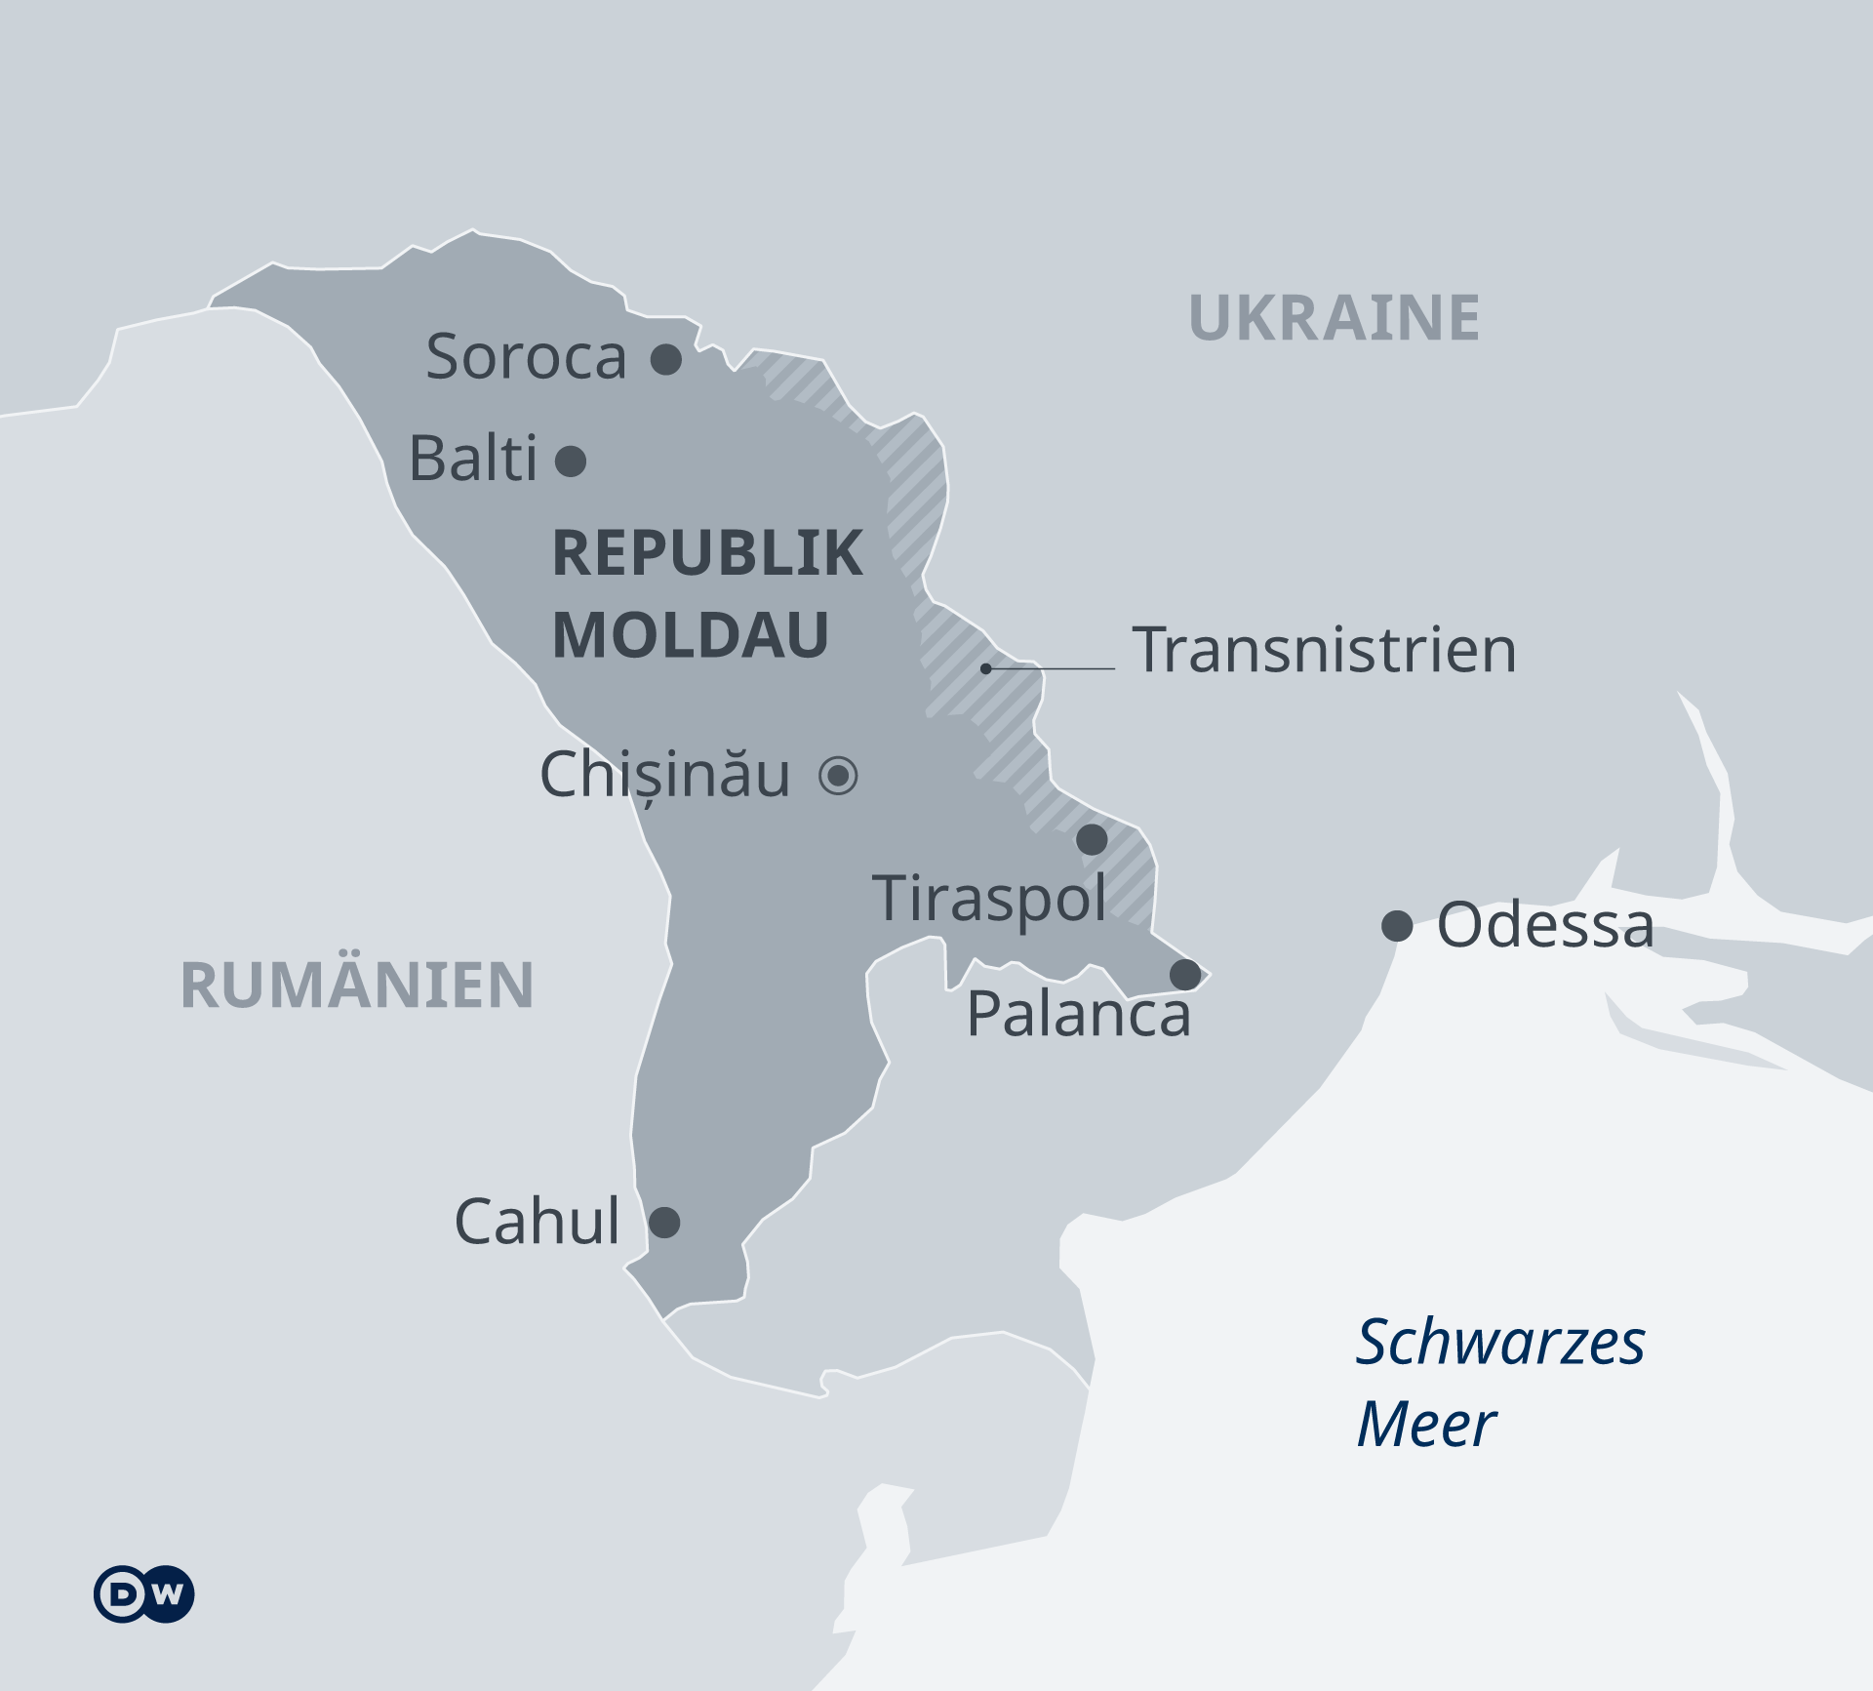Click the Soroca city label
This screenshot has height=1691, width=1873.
pyautogui.click(x=526, y=356)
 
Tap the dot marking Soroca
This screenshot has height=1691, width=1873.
pyautogui.click(x=666, y=359)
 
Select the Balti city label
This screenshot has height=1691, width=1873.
pyautogui.click(x=473, y=458)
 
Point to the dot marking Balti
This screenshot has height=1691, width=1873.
pyautogui.click(x=571, y=461)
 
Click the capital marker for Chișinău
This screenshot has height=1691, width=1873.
pyautogui.click(x=838, y=776)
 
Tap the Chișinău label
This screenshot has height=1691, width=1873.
pyautogui.click(x=664, y=775)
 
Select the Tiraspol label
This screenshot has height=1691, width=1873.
pyautogui.click(x=989, y=898)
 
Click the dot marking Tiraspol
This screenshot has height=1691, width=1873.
pyautogui.click(x=1092, y=839)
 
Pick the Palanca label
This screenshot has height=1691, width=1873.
pyautogui.click(x=1078, y=1014)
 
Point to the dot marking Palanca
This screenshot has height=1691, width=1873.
pyautogui.click(x=1185, y=974)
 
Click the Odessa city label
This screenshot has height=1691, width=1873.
pyautogui.click(x=1545, y=925)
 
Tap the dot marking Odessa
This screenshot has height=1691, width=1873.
pyautogui.click(x=1397, y=925)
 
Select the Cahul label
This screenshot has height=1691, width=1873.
pyautogui.click(x=537, y=1221)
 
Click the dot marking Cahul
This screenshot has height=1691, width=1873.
pyautogui.click(x=664, y=1222)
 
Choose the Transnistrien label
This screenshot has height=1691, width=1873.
pyautogui.click(x=1324, y=650)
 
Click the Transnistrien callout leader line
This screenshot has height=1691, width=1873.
pyautogui.click(x=1052, y=668)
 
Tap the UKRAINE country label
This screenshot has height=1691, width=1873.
pyautogui.click(x=1334, y=318)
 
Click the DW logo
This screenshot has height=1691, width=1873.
pyautogui.click(x=144, y=1594)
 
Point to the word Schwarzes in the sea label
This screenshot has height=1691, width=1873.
pyautogui.click(x=1499, y=1342)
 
